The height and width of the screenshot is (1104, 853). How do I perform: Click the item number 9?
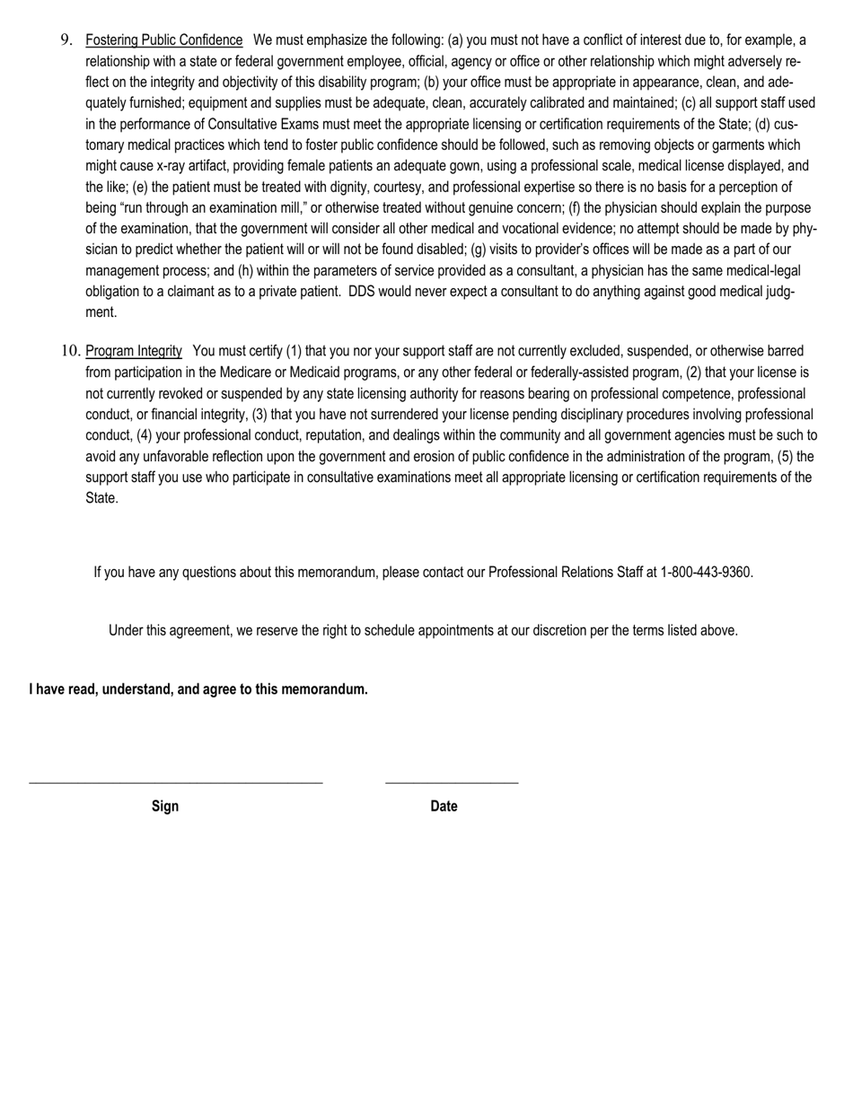(x=66, y=39)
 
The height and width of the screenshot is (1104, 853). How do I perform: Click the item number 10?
(x=71, y=351)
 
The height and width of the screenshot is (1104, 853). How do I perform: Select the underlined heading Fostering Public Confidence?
(x=163, y=40)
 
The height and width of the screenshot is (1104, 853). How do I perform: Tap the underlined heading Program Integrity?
(x=134, y=351)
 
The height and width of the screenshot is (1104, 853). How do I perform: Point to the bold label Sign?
(x=165, y=806)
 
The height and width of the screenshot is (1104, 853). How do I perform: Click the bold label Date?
(x=444, y=806)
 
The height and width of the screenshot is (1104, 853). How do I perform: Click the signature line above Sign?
(x=175, y=783)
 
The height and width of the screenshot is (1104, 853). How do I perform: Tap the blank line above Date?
(x=452, y=783)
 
